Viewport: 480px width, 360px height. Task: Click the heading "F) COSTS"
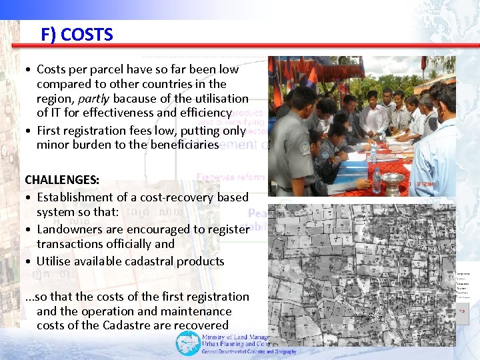pos(77,35)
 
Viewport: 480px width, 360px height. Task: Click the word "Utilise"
pos(56,261)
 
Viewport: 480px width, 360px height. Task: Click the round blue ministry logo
pos(187,343)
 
